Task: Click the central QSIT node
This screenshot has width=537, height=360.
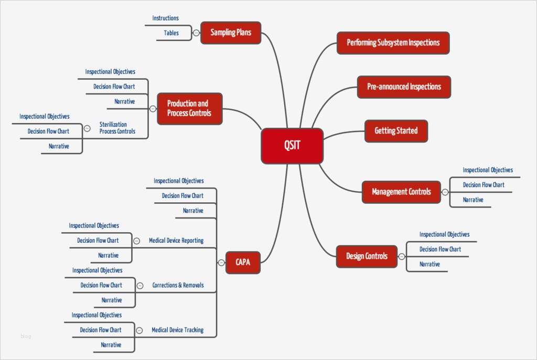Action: pos(292,146)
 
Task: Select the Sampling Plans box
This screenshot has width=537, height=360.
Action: pos(231,32)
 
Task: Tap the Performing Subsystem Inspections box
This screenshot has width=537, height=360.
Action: pos(393,42)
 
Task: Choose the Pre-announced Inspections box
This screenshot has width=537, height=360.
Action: pos(404,86)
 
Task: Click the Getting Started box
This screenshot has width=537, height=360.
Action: pos(396,130)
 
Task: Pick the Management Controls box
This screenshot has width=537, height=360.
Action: pos(401,192)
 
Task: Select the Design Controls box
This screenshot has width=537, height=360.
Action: pos(367,256)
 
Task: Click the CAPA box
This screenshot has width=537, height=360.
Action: pos(243,263)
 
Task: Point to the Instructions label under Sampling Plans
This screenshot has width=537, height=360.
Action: pos(165,18)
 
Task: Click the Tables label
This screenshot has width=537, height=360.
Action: pos(171,33)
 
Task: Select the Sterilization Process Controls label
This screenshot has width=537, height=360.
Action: pos(117,128)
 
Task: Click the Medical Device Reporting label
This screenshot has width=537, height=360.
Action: pos(176,241)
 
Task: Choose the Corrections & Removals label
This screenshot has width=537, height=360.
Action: pos(178,286)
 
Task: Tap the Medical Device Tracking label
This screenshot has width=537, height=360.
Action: pos(177,330)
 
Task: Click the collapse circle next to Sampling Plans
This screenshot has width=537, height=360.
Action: pos(196,32)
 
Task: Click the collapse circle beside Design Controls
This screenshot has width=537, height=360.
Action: pos(402,256)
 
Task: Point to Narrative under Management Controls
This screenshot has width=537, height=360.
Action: pos(473,200)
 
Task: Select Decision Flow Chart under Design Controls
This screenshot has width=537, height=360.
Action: pos(440,249)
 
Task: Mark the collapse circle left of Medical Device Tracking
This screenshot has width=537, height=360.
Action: pos(139,330)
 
